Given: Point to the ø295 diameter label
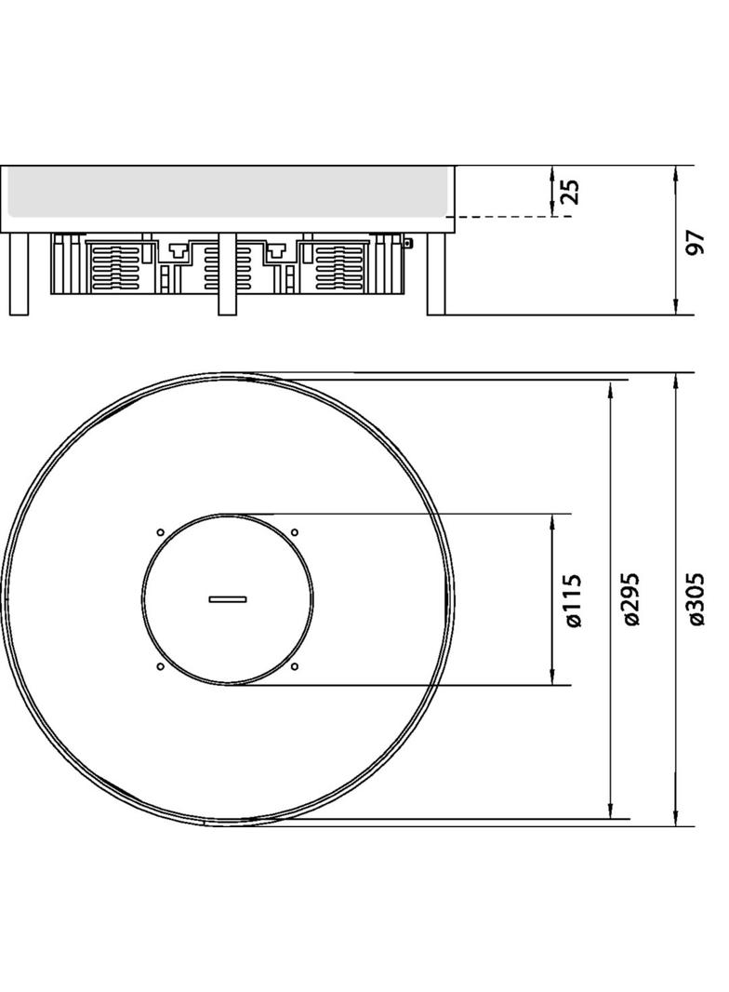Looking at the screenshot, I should tap(631, 600).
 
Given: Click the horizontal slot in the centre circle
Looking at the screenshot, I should tap(227, 599).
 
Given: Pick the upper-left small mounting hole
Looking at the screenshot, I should tap(160, 532).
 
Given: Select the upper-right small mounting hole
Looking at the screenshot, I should tap(295, 532).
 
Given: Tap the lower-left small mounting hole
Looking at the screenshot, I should tap(160, 667).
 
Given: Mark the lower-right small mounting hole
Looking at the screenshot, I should tap(295, 667).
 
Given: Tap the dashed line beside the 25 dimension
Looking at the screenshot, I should tap(511, 217).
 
